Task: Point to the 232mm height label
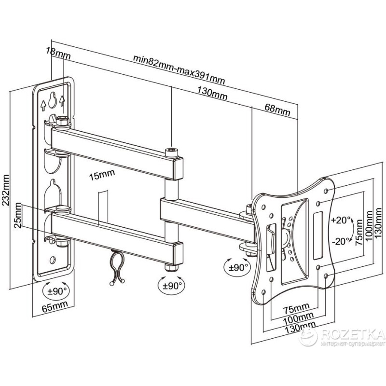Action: point(8,191)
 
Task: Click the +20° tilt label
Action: point(342,220)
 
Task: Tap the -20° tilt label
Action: point(341,241)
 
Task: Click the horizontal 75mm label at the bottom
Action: point(296,308)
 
